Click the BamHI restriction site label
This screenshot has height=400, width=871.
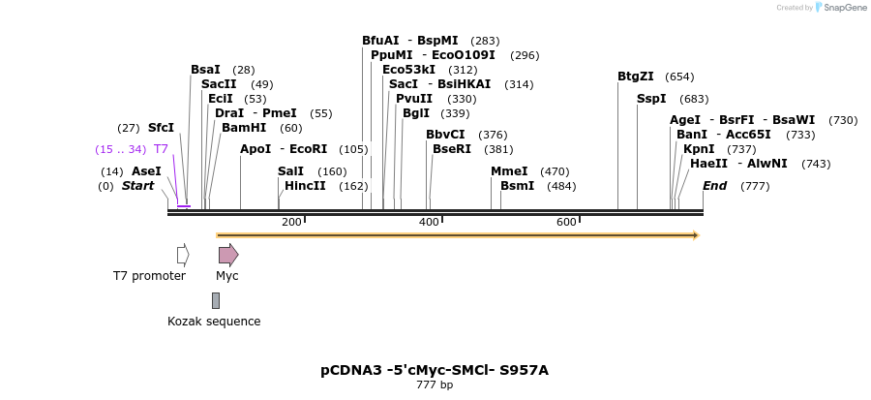coord(244,128)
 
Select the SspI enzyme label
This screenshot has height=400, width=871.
coord(651,99)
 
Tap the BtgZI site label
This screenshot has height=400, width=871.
coord(636,77)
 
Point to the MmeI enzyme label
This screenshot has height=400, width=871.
coord(509,171)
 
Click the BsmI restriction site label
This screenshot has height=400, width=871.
coord(517,186)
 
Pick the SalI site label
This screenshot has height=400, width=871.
coord(290,171)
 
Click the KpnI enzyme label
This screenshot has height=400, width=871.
coord(699,149)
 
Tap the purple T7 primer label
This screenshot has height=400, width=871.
coord(162,149)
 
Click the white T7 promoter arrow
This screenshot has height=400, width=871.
coord(183,255)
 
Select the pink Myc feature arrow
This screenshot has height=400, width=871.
coord(227,255)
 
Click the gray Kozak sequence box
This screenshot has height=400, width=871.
coord(216,300)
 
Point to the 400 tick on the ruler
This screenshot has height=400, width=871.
coord(442,220)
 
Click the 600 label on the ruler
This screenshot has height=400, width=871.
coord(566,223)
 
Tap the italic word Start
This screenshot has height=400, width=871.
coord(137,186)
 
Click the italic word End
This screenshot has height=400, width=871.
coord(714,186)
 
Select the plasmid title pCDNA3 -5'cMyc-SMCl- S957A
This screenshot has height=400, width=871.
coord(435,370)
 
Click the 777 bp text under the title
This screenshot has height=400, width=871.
coord(435,385)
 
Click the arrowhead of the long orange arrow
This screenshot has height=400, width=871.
coord(696,235)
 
